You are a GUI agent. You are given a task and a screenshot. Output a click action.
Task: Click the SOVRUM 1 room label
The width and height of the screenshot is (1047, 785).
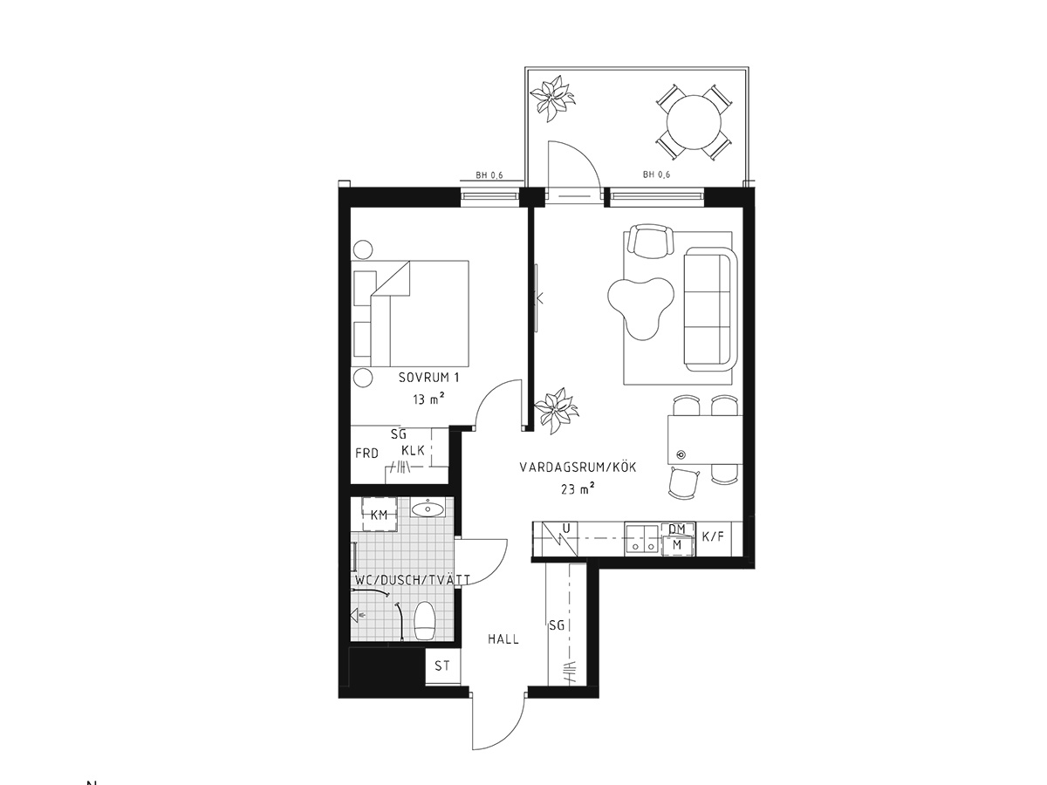click(428, 378)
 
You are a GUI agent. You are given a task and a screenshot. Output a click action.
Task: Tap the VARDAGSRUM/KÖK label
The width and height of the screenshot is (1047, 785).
click(578, 467)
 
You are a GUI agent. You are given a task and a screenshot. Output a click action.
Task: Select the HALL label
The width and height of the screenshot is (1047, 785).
click(503, 638)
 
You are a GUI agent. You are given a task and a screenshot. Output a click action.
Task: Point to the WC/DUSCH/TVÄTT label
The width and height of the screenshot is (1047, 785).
click(413, 579)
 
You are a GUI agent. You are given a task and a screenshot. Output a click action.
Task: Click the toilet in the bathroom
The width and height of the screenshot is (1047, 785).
click(425, 620)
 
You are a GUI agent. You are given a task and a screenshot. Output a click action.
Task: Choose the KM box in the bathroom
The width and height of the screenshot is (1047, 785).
click(379, 515)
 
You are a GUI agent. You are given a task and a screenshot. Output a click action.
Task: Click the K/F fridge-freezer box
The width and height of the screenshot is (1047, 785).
click(714, 536)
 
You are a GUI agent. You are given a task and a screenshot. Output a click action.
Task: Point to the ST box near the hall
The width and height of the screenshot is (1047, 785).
click(442, 666)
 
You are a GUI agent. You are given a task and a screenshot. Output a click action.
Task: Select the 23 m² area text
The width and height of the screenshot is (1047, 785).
click(578, 489)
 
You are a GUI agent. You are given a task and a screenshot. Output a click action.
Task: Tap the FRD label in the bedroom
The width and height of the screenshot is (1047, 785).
click(366, 454)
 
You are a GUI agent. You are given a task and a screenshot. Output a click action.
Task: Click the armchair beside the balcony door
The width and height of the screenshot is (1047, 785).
click(651, 240)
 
